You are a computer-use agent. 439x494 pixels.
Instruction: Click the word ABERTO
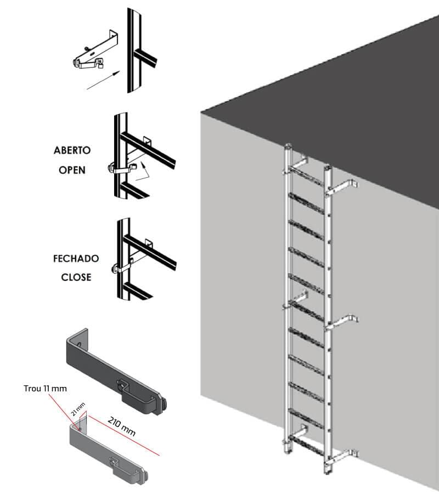(72, 150)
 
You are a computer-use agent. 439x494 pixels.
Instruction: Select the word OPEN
(72, 170)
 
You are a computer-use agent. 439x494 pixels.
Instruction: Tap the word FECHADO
(76, 258)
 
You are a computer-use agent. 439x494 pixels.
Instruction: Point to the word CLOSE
(76, 277)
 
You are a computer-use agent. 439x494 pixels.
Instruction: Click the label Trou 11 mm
(46, 389)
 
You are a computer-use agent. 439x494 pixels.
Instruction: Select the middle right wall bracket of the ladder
(344, 321)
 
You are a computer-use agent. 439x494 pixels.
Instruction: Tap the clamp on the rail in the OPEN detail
(118, 168)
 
